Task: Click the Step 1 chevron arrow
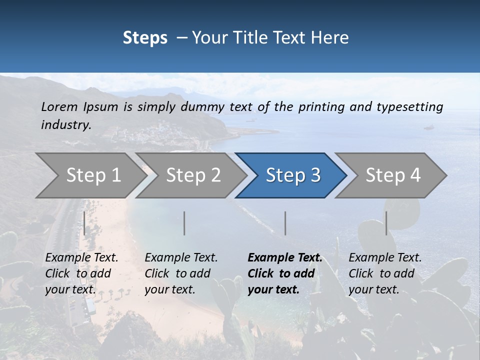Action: click(90, 175)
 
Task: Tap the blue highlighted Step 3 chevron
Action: click(292, 175)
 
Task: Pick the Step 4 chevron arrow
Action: click(392, 175)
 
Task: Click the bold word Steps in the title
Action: click(145, 37)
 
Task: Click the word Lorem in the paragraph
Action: click(59, 106)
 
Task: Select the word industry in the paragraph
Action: click(65, 125)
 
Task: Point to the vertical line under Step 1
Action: click(84, 223)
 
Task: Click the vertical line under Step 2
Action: click(184, 223)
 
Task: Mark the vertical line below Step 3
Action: click(285, 223)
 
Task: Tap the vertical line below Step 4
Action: click(386, 223)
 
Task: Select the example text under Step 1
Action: click(81, 273)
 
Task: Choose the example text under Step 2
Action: click(181, 273)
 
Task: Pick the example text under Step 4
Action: click(385, 273)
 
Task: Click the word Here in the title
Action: click(329, 37)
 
